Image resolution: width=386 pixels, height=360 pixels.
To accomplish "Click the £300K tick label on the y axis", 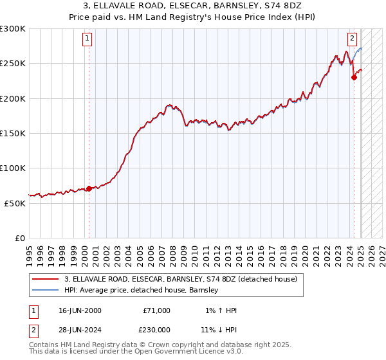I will coord(13,29).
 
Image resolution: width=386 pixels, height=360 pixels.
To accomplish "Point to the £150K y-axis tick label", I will coord(13,133).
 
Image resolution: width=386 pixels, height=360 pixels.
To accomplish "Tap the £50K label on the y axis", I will coord(15,203).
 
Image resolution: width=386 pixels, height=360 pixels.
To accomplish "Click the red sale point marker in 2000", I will coord(89,188).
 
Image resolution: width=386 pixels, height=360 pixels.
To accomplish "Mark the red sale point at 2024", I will coord(354,78).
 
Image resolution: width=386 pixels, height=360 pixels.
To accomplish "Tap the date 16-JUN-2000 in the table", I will coord(80,310).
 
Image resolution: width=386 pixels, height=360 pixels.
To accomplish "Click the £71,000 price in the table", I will coord(157,310).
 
